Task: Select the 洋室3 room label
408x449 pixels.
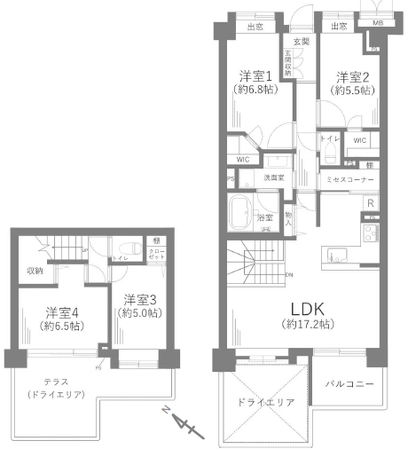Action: (x=141, y=299)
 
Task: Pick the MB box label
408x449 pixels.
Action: (x=377, y=23)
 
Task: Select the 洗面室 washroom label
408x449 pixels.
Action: (x=273, y=178)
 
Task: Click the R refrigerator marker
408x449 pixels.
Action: (x=370, y=202)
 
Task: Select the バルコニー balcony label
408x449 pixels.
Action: (x=349, y=383)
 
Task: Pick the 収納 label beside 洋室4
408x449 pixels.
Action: (x=35, y=271)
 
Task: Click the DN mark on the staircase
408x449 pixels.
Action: (x=290, y=274)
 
